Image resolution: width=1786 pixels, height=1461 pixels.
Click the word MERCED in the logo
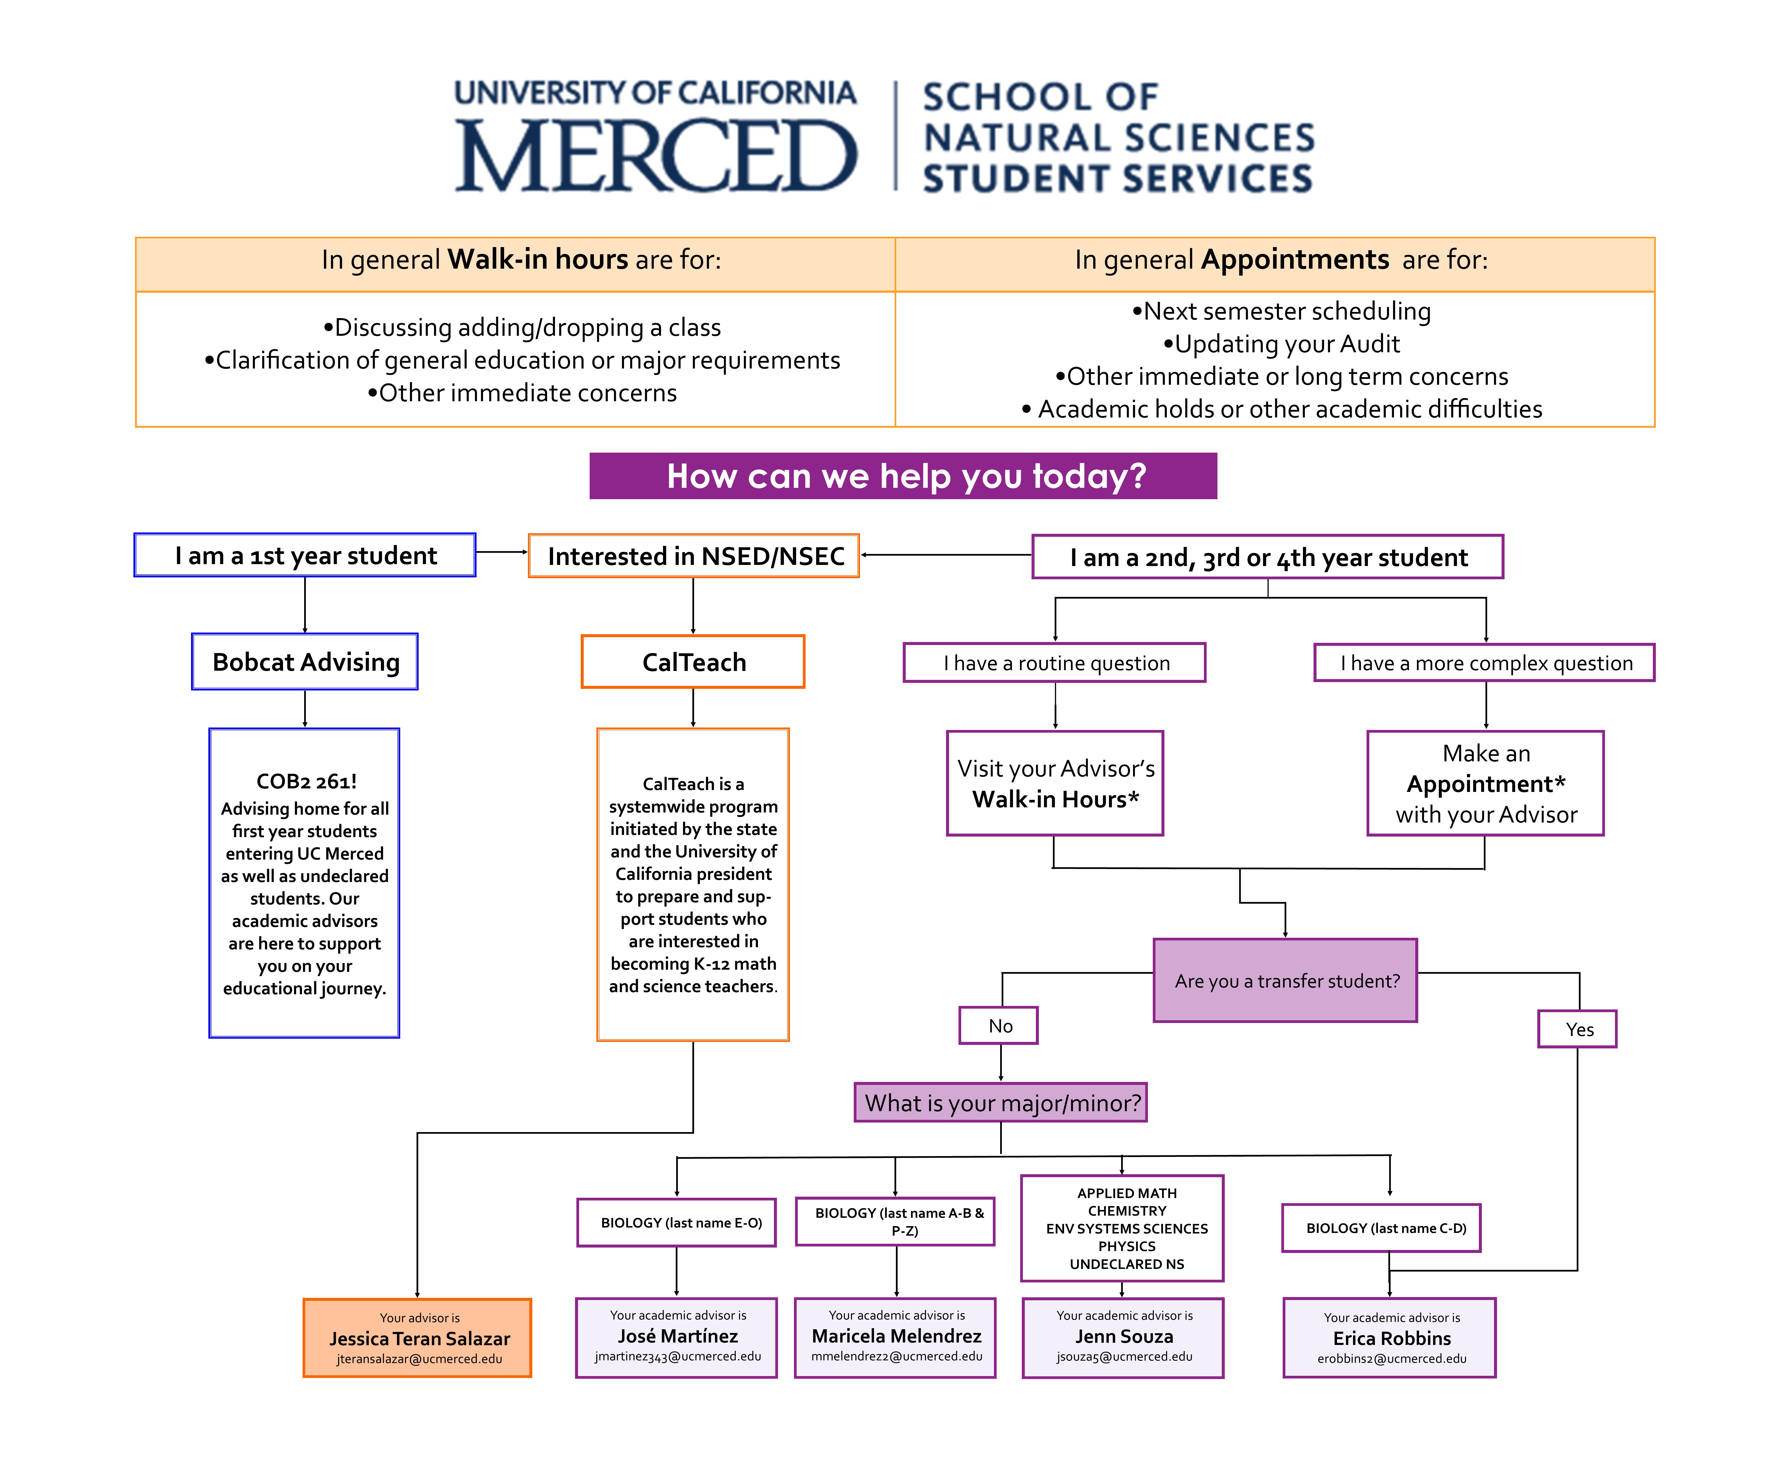point(656,156)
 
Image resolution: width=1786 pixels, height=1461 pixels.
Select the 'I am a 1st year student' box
point(305,555)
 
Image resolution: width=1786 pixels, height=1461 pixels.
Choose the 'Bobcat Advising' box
point(305,662)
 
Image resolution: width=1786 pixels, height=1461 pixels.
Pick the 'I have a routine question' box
point(1055,663)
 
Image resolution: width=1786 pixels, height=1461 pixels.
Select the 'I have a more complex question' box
point(1485,663)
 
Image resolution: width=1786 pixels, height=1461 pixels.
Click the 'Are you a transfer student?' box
point(1285,980)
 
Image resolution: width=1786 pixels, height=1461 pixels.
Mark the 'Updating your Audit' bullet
point(1281,344)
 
